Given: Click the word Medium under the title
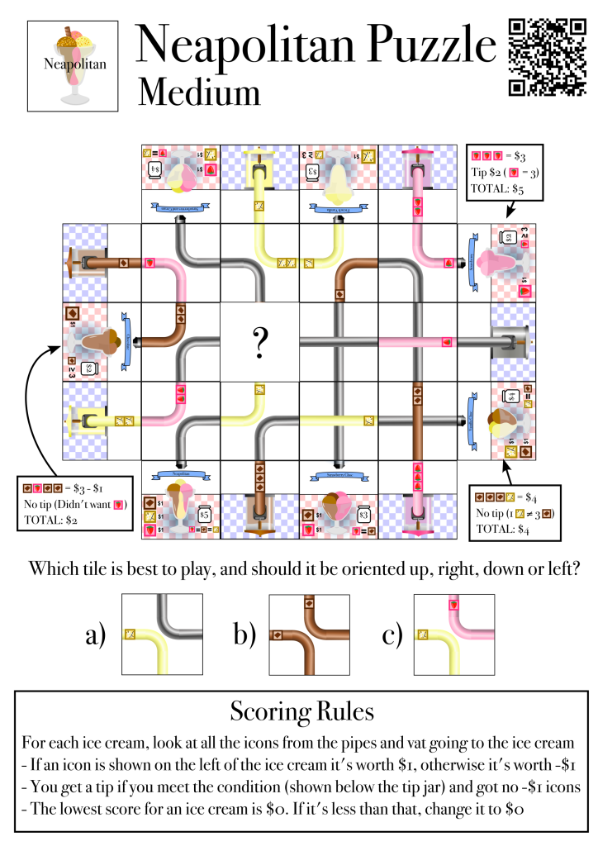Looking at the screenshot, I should click(199, 91).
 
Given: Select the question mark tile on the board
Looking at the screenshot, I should click(259, 342).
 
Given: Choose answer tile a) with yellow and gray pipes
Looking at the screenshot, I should click(162, 634).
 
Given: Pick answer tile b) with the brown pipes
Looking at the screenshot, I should click(309, 634).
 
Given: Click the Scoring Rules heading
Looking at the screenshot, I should click(298, 711).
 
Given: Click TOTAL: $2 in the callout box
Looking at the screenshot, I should click(51, 520).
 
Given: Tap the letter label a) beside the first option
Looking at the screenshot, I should click(97, 634).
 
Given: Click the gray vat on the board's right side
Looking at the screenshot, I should click(510, 341).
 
